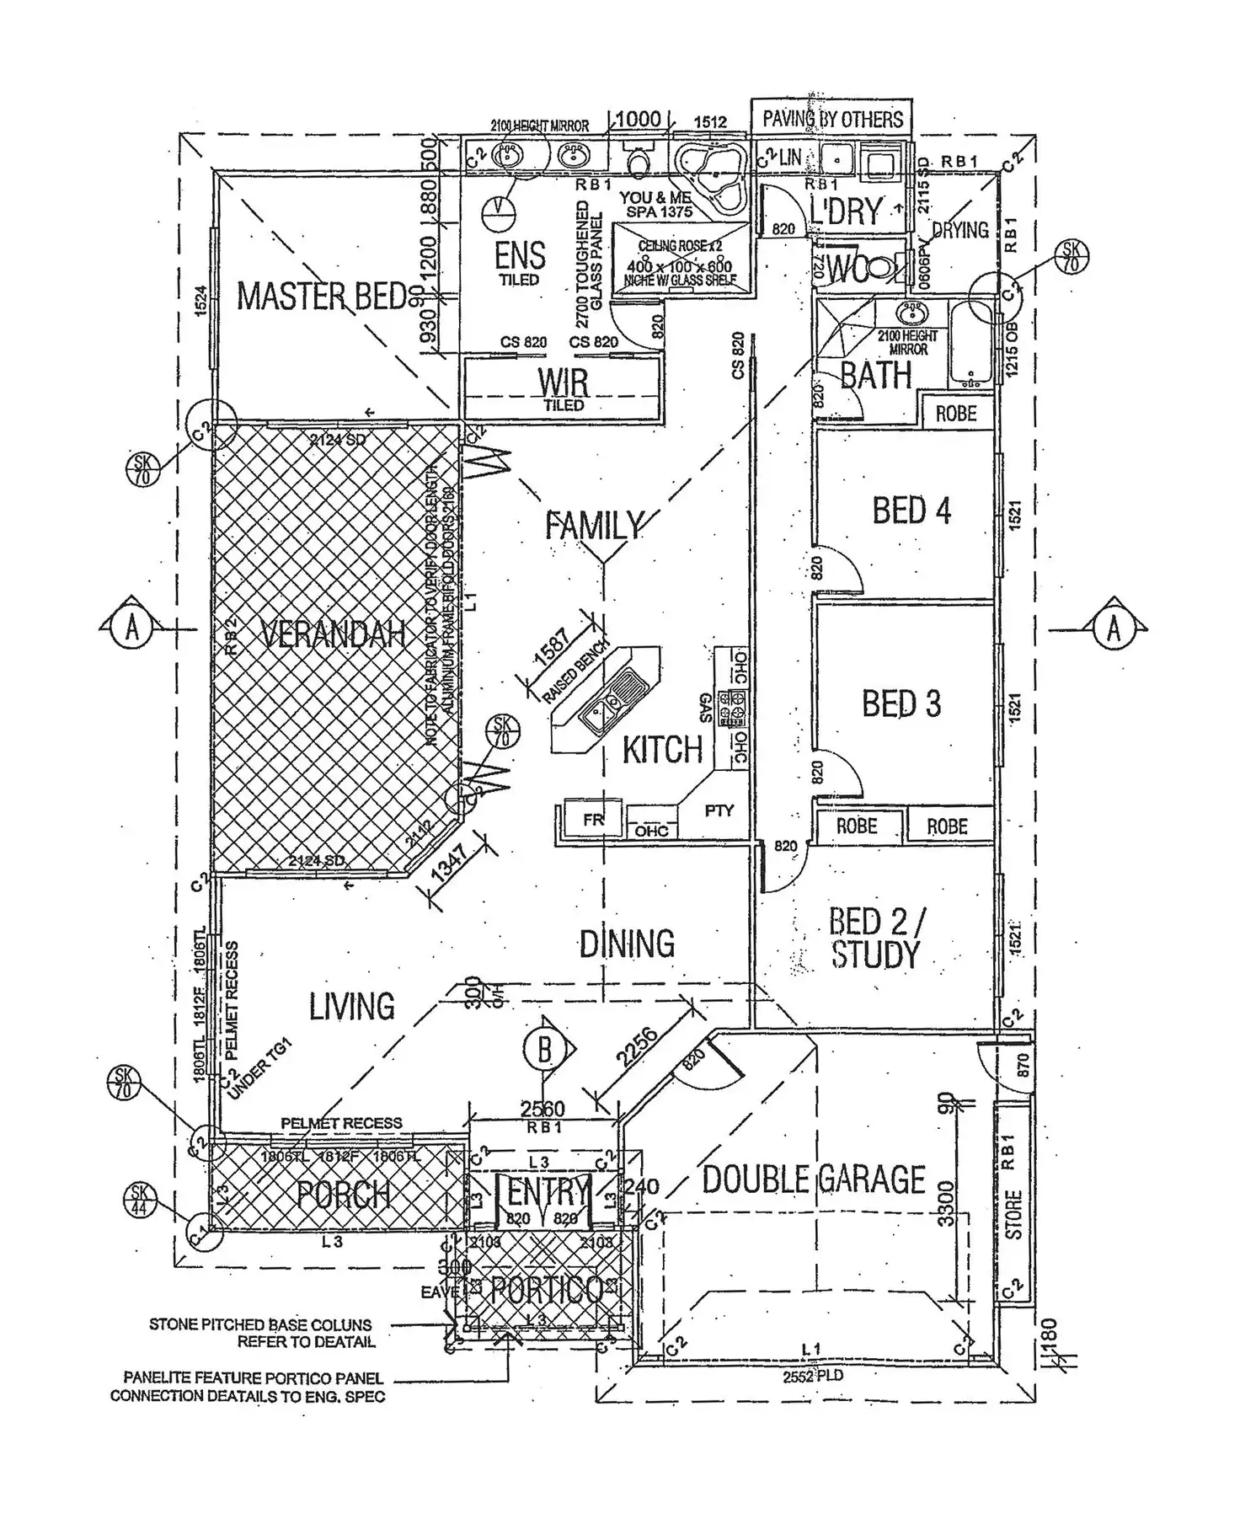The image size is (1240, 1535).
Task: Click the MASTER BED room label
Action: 322,297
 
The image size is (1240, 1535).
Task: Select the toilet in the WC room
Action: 876,268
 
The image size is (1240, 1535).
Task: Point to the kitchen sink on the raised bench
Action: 612,704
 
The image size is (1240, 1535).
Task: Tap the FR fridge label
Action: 593,819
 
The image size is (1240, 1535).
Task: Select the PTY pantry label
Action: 719,810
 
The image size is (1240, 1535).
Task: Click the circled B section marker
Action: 544,1050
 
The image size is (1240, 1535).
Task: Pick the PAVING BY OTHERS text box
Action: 831,119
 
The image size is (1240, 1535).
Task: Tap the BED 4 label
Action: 911,511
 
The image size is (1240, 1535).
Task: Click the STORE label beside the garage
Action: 1013,1214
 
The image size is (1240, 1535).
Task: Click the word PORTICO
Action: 546,1289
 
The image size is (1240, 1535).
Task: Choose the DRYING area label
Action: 960,230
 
